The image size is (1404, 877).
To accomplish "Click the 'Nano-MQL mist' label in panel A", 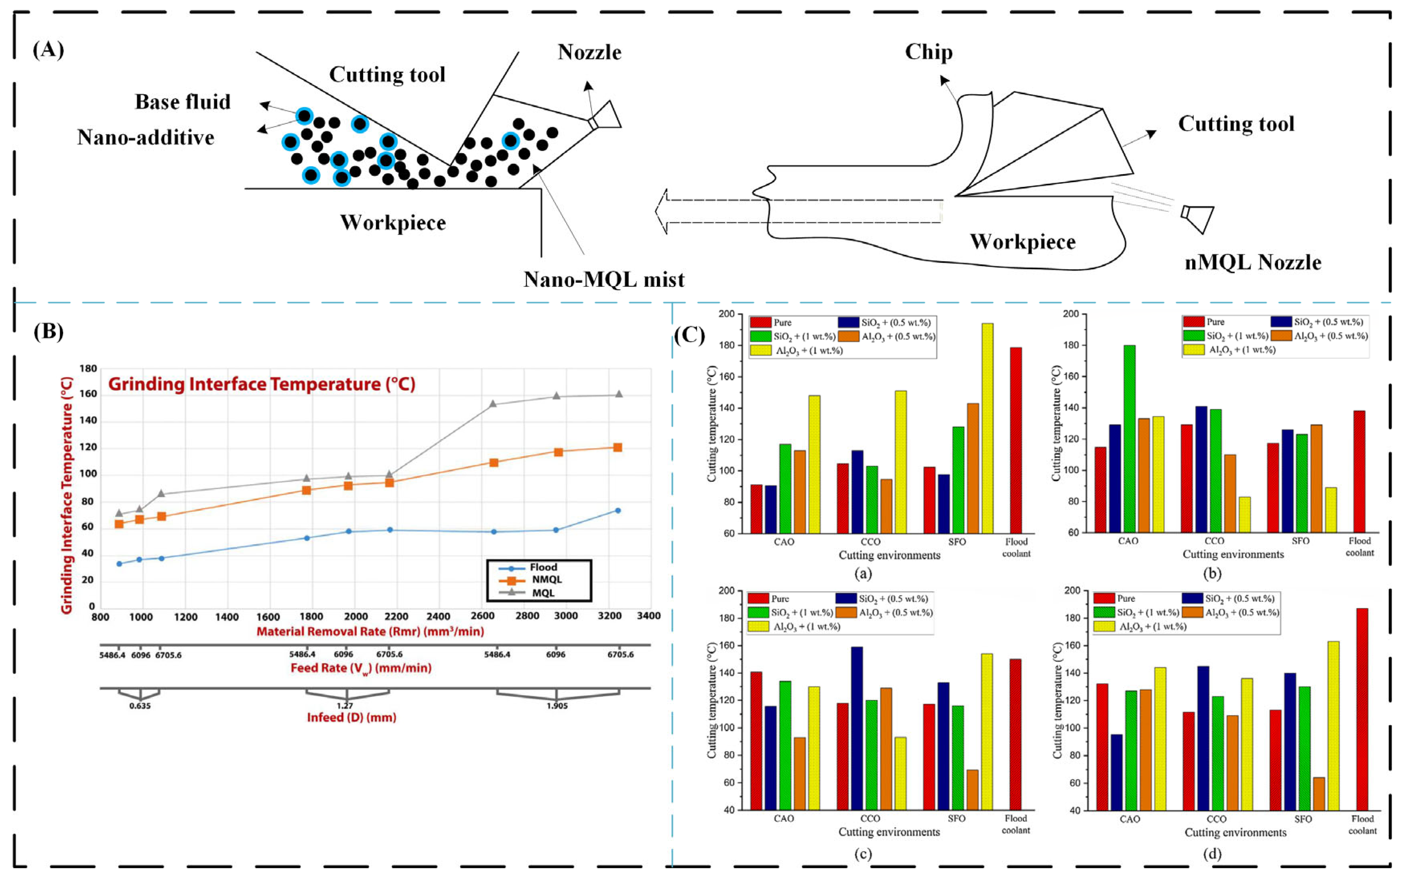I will coord(603,280).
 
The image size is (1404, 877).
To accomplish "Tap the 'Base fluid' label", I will coord(183,102).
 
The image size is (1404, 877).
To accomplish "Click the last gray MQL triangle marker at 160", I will coord(618,394).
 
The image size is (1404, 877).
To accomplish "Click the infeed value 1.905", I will coord(557,706).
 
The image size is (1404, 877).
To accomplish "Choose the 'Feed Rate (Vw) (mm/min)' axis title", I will coord(361,668).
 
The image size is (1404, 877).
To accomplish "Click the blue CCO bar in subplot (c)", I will coord(856,728).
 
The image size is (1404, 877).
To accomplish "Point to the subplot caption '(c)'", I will coord(863,854).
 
